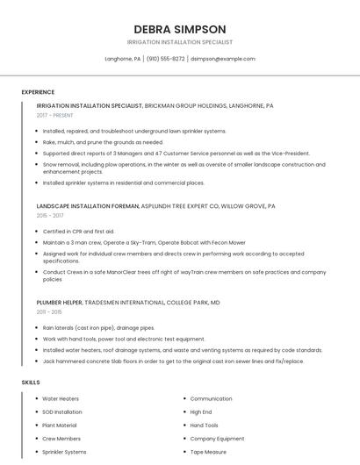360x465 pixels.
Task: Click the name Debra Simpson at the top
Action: click(x=179, y=29)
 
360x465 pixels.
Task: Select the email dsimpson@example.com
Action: click(x=223, y=59)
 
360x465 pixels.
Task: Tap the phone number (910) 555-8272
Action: click(x=165, y=59)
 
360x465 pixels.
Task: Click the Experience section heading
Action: click(x=38, y=92)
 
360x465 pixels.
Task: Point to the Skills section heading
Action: click(x=31, y=383)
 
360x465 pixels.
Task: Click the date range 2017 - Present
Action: click(x=54, y=115)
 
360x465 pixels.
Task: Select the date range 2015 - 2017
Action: click(x=50, y=215)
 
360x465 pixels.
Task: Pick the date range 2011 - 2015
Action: click(x=49, y=311)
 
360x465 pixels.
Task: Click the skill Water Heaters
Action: click(x=61, y=398)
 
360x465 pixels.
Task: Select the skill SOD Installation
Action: click(x=62, y=411)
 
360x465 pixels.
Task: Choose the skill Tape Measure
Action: click(x=209, y=452)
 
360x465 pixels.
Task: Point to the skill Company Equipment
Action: click(x=217, y=439)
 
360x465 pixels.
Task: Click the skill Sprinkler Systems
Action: click(x=64, y=452)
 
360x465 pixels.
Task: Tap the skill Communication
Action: click(x=211, y=398)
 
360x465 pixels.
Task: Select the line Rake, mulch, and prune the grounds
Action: click(x=103, y=141)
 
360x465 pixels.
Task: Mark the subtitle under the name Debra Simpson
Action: click(x=179, y=42)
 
